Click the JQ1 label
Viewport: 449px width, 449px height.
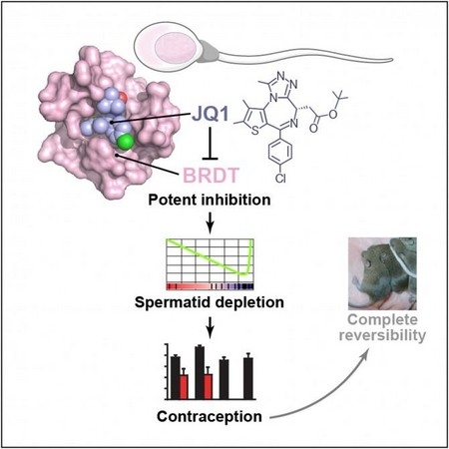211,115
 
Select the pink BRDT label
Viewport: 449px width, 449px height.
212,176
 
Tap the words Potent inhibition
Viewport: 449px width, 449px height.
210,200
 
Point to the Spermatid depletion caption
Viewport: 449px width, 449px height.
210,302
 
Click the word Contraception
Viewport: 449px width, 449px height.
210,416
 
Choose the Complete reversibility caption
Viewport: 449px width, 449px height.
382,327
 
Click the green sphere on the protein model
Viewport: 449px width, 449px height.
125,143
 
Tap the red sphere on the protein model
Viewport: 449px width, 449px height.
123,98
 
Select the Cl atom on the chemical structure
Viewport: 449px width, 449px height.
280,179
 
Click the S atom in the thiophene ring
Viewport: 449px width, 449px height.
255,131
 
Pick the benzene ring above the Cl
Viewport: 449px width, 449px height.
280,152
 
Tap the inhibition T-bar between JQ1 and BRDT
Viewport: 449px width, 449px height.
210,143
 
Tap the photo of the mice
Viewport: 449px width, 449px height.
382,273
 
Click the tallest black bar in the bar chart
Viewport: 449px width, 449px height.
200,372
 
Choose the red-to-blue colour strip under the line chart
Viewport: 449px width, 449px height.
210,286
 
